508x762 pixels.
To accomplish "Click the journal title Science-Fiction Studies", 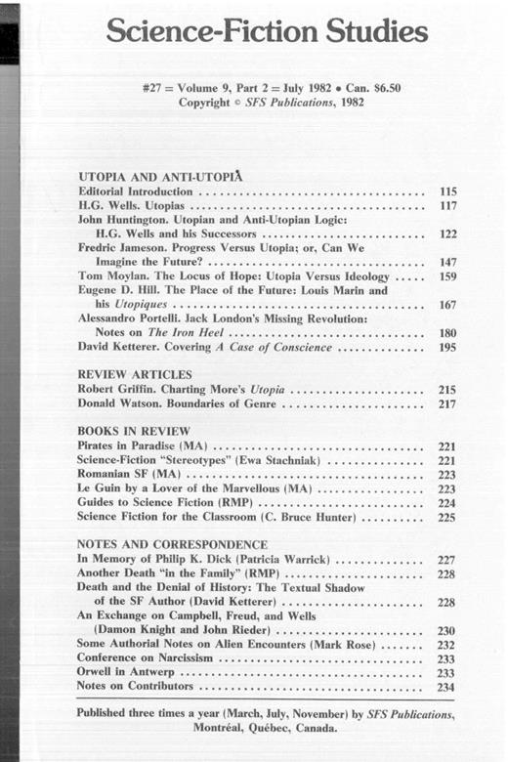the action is [x=267, y=32].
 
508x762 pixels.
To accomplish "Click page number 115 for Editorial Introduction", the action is [x=444, y=193].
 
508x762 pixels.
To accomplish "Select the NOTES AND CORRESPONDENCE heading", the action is [x=172, y=544].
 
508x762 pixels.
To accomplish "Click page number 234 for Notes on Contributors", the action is [x=444, y=688].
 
